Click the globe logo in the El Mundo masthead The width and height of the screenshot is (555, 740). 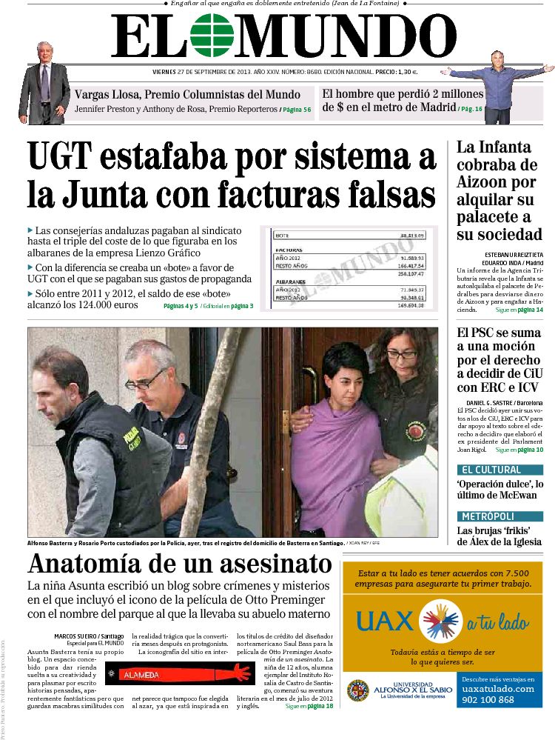(x=211, y=36)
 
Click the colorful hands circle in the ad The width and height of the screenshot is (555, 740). (x=443, y=621)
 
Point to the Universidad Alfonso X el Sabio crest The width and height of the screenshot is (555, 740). (x=357, y=690)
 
